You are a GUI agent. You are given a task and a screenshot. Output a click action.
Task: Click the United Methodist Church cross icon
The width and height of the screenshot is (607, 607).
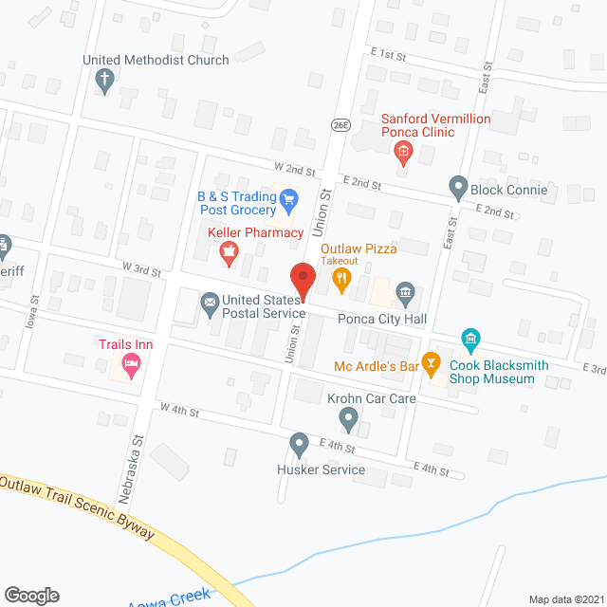[105, 82]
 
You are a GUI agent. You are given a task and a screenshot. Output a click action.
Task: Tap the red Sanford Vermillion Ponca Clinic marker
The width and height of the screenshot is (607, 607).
[403, 151]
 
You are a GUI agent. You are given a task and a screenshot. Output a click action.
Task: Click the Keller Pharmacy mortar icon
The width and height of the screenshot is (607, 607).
[228, 250]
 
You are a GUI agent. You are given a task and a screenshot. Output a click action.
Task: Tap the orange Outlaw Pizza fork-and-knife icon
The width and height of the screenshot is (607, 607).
[341, 279]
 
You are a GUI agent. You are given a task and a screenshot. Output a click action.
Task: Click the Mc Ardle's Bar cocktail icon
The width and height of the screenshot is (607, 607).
[432, 363]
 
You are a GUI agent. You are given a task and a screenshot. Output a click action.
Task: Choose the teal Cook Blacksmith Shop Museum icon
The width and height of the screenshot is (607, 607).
[470, 339]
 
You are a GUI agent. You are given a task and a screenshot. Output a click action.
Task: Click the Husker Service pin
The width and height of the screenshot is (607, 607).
[300, 443]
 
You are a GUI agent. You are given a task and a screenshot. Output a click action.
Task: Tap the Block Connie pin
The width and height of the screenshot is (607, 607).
[458, 188]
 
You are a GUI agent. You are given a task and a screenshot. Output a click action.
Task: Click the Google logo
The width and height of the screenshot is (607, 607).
[30, 595]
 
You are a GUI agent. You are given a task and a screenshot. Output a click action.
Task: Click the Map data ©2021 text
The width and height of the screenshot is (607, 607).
[564, 598]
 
